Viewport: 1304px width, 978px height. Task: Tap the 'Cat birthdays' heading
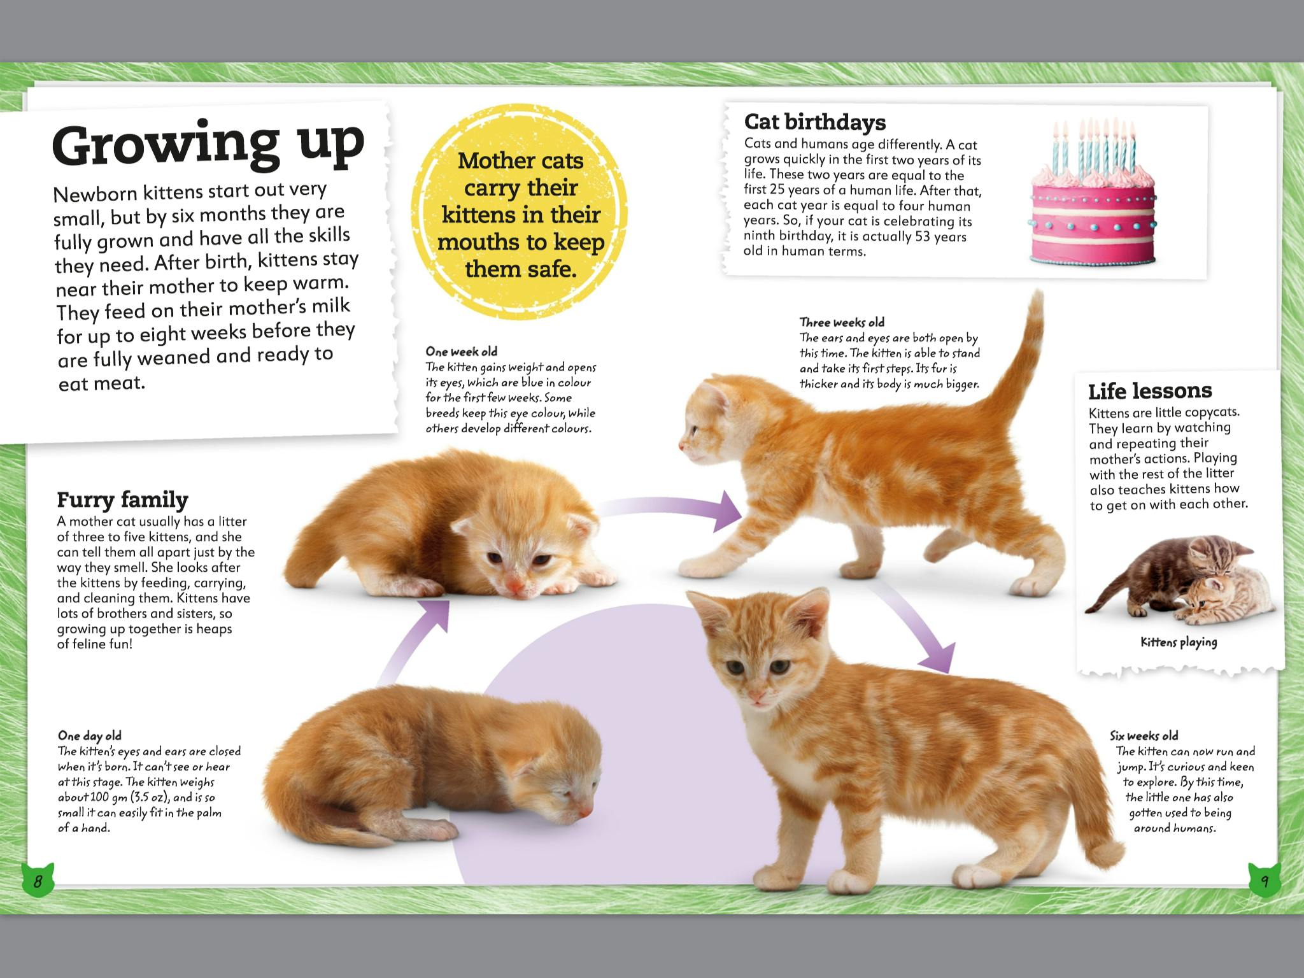[814, 122]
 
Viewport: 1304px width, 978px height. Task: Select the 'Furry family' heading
[122, 500]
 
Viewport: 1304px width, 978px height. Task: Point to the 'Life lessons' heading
[1150, 390]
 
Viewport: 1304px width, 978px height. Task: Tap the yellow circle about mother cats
[520, 215]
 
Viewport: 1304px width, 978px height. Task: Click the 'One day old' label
[89, 736]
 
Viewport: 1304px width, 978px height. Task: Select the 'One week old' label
[462, 351]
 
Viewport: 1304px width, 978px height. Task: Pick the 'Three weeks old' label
[842, 322]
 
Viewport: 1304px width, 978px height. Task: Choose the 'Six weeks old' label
[1144, 736]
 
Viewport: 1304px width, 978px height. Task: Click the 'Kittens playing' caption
[1179, 642]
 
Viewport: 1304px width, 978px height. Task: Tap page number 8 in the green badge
[38, 882]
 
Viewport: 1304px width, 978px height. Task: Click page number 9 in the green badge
[1265, 882]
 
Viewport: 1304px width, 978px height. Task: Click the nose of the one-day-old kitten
[585, 810]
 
